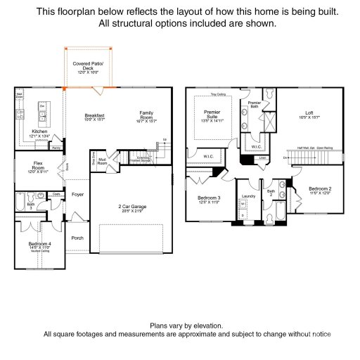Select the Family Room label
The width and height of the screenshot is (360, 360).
click(146, 115)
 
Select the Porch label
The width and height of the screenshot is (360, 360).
click(77, 238)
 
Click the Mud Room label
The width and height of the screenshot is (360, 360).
click(102, 161)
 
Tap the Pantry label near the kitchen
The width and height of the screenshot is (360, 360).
click(56, 148)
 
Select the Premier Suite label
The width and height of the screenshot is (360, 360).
click(212, 114)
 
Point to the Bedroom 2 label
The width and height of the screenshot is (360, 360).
click(320, 189)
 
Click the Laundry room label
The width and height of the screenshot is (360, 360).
click(247, 197)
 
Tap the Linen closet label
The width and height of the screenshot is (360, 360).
click(262, 157)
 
